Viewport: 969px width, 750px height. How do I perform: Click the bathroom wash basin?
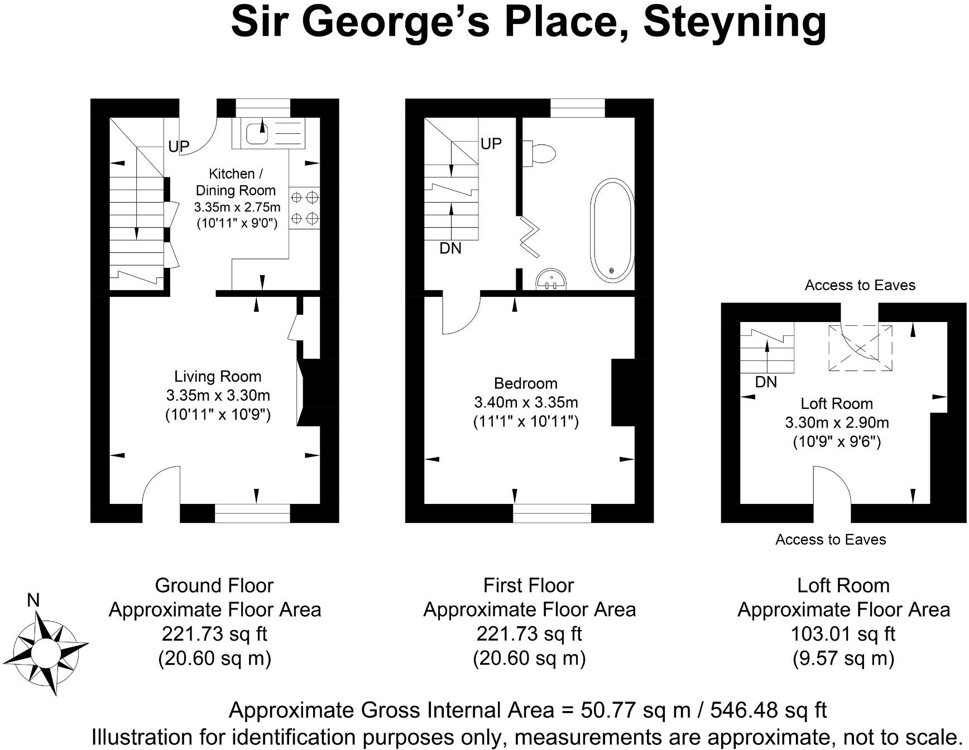point(551,279)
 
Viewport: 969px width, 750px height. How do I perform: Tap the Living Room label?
point(218,377)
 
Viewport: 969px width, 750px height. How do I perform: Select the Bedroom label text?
point(525,383)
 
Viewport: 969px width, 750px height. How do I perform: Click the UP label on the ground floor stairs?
point(179,147)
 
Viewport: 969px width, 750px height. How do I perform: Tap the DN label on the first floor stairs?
point(450,248)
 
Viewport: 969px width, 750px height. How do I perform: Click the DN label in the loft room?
point(766,382)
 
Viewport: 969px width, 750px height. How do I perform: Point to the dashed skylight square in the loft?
point(860,348)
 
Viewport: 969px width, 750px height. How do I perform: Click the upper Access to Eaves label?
point(860,286)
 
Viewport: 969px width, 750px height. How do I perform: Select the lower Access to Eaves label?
point(831,540)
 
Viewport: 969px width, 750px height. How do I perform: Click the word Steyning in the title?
point(735,22)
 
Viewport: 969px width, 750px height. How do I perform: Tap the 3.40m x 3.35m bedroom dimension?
point(525,402)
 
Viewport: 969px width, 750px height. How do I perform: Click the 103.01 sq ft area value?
point(843,634)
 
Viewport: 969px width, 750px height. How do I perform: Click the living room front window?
point(252,513)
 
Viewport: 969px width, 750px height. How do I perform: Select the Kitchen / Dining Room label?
point(236,182)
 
